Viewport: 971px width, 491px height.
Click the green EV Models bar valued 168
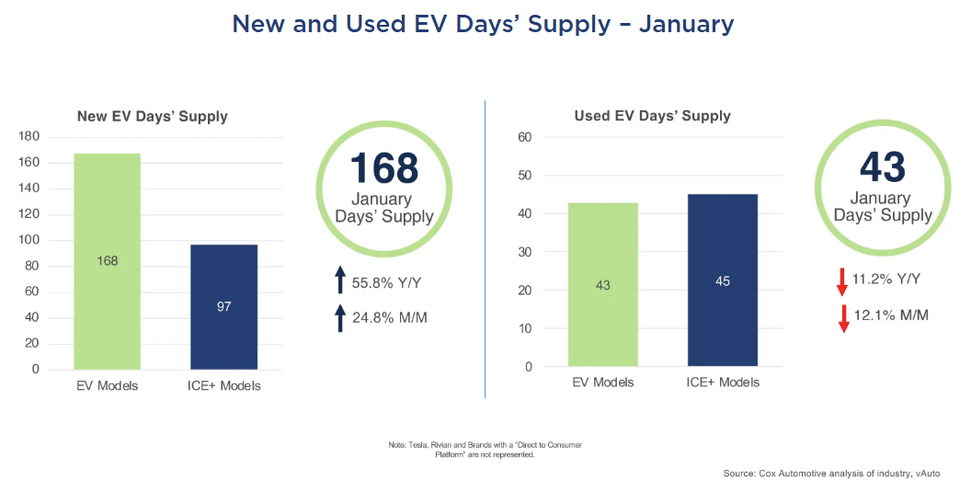pos(108,261)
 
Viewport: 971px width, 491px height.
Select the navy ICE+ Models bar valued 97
pos(223,307)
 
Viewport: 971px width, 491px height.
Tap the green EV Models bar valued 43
pos(603,284)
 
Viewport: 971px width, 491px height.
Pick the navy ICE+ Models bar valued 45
pos(723,280)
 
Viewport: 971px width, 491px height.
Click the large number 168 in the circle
pos(384,167)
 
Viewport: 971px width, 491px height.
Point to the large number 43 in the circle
pos(883,166)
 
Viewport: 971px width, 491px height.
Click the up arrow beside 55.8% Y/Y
pos(340,280)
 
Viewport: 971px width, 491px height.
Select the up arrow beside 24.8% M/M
pos(340,317)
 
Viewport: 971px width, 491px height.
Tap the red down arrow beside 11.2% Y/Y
pos(842,281)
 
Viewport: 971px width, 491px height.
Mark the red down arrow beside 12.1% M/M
pos(843,318)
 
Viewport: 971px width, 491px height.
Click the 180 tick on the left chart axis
pos(29,136)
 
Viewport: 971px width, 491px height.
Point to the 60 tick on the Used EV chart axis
pos(524,137)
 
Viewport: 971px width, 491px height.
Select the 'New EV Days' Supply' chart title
pos(153,117)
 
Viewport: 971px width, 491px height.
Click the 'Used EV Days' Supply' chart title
pos(653,116)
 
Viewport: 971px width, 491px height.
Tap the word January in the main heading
pos(687,24)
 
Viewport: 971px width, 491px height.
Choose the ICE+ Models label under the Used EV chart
pos(723,383)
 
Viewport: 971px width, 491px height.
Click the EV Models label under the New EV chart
pos(108,386)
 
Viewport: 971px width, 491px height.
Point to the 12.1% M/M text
pos(891,315)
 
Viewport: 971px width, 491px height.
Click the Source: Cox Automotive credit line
pos(831,474)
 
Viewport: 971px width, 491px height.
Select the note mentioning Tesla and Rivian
pos(485,450)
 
